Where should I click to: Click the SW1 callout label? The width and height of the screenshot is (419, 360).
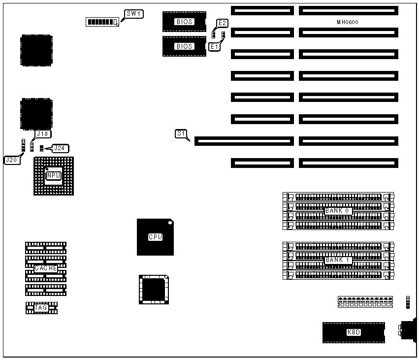tap(134, 14)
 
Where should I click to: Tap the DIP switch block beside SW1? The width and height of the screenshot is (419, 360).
tap(102, 22)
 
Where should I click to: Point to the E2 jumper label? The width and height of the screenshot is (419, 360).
tap(223, 23)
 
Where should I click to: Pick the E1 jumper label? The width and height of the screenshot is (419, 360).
tap(214, 46)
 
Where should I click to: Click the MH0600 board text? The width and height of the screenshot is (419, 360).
tap(348, 22)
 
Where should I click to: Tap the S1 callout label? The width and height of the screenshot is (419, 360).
tap(181, 133)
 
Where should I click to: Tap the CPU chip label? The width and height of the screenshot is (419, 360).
tap(155, 237)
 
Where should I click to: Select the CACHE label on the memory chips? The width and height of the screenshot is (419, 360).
tap(46, 268)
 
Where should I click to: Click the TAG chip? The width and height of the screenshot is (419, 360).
tap(41, 308)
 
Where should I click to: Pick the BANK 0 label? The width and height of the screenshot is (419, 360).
tap(338, 211)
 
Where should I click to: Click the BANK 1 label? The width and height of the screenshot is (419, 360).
tap(338, 260)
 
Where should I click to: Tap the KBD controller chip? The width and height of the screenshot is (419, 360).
tap(354, 332)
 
